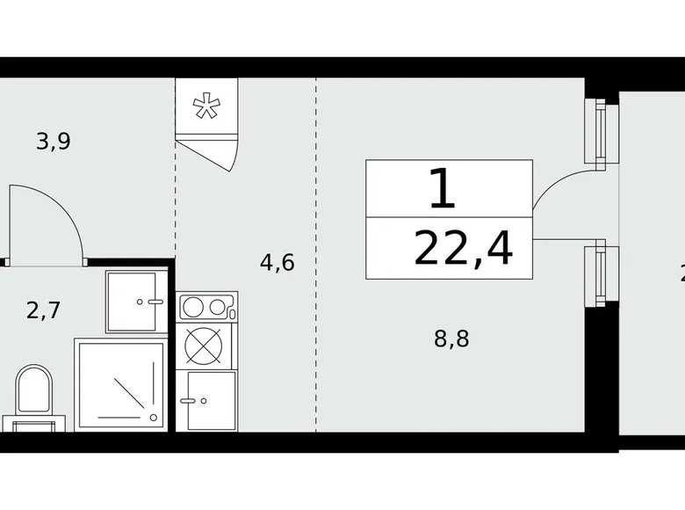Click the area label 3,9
point(53,140)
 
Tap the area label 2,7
point(44,310)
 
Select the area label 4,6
point(277,261)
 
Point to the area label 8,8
point(451,339)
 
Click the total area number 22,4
point(463,250)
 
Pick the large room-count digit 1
point(443,188)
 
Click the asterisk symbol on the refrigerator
point(206,107)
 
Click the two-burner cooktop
point(206,308)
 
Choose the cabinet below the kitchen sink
point(206,400)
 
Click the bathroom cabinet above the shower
point(135,302)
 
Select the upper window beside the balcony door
point(599,132)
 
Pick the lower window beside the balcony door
point(599,273)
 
